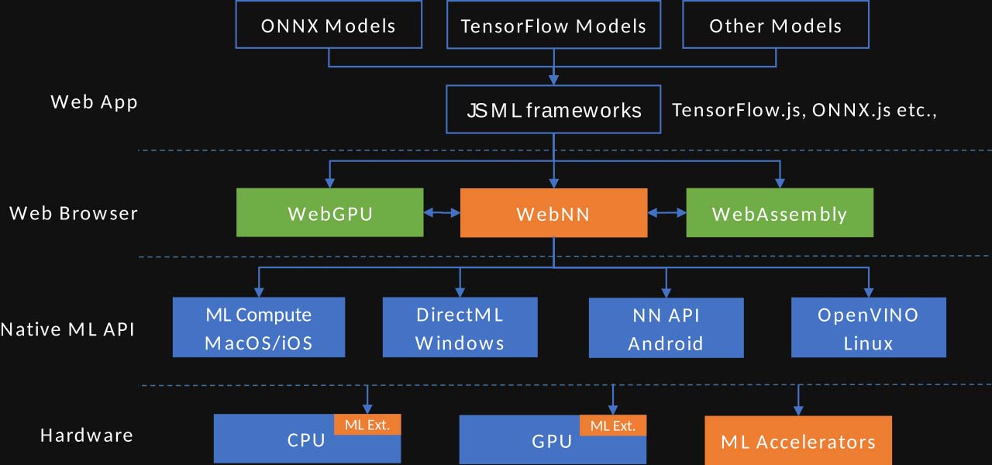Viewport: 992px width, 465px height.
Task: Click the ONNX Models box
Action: [329, 26]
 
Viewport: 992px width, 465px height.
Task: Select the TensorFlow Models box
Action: [553, 26]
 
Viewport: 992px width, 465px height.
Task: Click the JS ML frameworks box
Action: [553, 110]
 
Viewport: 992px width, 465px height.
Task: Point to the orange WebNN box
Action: [553, 213]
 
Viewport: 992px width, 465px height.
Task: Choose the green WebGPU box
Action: [329, 213]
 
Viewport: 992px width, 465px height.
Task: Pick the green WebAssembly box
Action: [779, 213]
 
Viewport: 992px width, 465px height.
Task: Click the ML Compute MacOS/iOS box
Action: [258, 328]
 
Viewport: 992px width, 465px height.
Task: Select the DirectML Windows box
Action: [460, 328]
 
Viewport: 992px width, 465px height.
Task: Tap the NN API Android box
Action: [666, 329]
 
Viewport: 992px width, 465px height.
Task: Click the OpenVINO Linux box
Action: [868, 328]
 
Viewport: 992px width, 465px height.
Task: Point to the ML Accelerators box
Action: [798, 441]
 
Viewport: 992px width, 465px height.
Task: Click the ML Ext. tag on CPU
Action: [367, 425]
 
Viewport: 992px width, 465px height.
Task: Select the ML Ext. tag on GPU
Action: [612, 425]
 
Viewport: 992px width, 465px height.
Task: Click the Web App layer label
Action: [94, 102]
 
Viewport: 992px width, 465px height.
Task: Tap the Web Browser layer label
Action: [74, 213]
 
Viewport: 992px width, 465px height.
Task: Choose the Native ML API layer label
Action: [67, 329]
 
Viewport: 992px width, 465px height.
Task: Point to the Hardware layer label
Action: [86, 436]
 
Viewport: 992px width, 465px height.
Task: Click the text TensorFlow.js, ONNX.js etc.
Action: [804, 110]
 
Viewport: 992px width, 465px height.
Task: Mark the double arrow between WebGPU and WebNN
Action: [442, 212]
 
